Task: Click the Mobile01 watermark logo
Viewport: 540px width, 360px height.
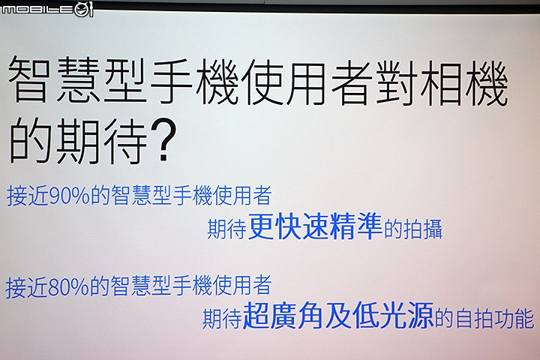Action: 47,9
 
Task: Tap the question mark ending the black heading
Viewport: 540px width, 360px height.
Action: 163,140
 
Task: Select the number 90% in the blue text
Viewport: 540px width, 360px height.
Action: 69,196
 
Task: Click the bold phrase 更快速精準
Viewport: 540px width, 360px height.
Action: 315,226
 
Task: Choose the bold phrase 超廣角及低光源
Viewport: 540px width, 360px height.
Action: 337,315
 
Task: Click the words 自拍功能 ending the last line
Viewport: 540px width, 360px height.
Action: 495,319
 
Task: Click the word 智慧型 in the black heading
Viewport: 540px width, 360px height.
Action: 76,81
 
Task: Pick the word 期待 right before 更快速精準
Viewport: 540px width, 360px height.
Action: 226,229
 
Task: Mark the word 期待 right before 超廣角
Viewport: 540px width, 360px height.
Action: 222,319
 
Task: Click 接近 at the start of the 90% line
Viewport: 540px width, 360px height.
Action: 28,196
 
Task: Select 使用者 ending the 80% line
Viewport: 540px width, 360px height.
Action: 241,286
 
